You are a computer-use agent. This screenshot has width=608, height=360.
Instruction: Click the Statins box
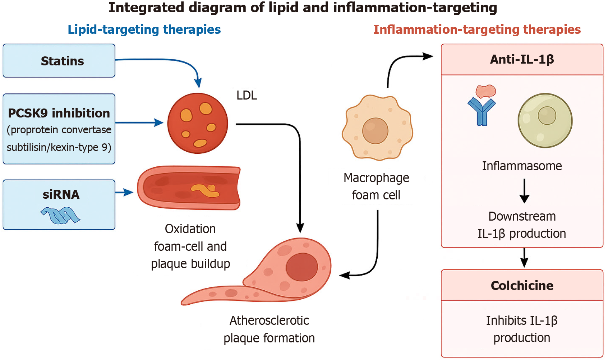coord(59,61)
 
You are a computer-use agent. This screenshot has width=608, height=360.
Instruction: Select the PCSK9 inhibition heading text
coord(59,113)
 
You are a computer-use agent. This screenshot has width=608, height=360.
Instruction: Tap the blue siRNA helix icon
coord(60,215)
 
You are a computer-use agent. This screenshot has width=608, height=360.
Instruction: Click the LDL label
coord(247,96)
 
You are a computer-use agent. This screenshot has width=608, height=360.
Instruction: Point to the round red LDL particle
coord(197,123)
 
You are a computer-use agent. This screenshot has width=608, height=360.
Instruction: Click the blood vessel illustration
coord(189,188)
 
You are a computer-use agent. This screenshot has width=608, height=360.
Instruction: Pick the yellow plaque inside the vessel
coord(206,190)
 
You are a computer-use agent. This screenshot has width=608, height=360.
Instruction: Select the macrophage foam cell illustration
coord(377,128)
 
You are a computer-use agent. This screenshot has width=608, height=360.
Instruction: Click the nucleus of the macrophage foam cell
coord(375,131)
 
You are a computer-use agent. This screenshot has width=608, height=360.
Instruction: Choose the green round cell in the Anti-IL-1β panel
coord(545,120)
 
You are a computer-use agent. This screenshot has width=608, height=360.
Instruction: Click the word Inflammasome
coord(522,166)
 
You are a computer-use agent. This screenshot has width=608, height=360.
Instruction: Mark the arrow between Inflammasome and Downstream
coord(524,191)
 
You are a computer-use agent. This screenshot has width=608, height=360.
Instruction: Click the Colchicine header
coord(522,286)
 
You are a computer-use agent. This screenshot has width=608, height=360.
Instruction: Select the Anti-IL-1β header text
coord(522,59)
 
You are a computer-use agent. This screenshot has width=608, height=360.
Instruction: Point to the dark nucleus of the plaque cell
coord(302,267)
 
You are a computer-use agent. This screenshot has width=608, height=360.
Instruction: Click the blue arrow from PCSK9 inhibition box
coord(139,123)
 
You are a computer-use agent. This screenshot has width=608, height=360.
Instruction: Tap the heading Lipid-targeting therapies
coord(144,29)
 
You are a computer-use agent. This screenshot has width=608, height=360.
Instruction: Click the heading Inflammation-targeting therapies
coord(477,29)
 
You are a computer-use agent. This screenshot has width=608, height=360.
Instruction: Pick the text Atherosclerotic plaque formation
coord(269,329)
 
